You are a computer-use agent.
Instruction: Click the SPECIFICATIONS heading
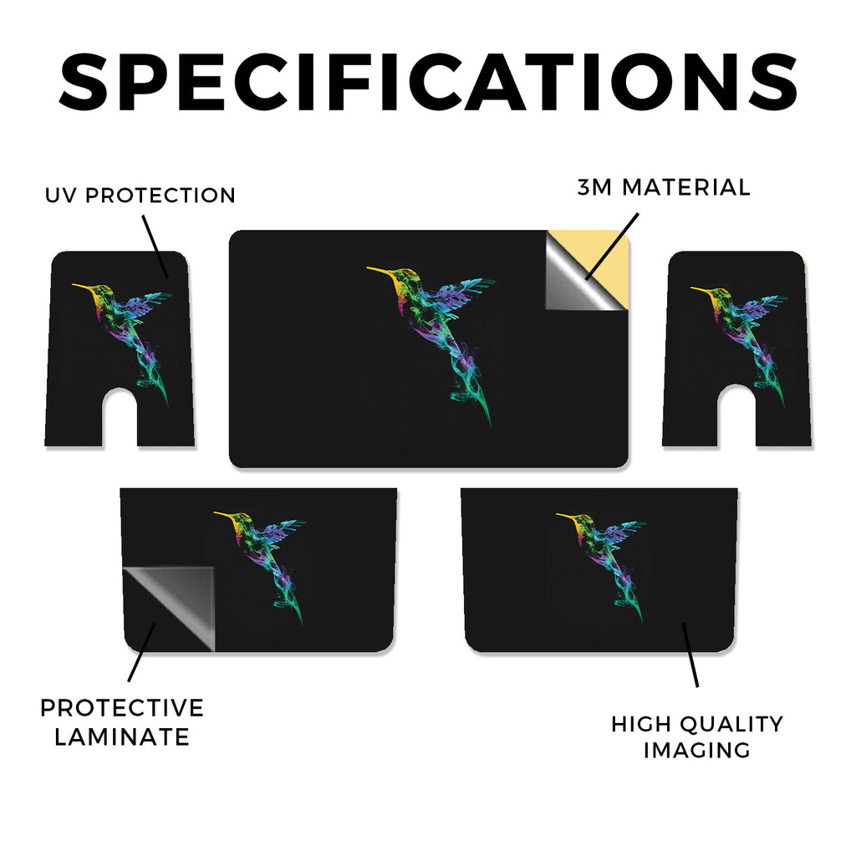(x=428, y=82)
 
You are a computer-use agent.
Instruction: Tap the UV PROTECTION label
(x=140, y=196)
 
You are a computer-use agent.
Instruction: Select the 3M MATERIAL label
(x=664, y=187)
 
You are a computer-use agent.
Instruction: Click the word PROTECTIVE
(x=122, y=708)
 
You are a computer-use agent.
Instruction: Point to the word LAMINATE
(x=122, y=737)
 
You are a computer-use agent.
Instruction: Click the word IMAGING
(x=696, y=750)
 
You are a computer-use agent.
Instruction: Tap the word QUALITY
(x=731, y=725)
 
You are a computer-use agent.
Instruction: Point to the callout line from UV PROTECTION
(x=155, y=247)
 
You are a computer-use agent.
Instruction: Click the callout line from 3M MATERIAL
(x=611, y=247)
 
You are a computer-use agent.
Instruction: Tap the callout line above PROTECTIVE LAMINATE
(x=142, y=652)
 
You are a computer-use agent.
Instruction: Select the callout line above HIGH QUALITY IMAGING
(x=690, y=655)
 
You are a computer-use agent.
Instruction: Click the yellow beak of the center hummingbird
(x=380, y=270)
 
